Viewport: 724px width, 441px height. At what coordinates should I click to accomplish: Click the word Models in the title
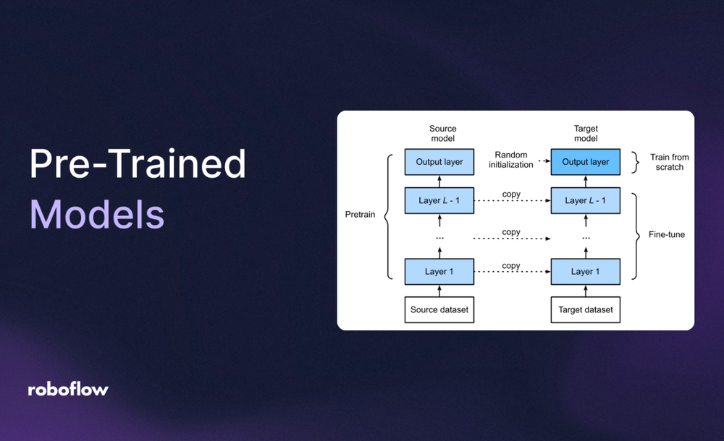pyautogui.click(x=97, y=214)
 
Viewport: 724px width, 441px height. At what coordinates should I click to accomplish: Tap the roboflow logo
pyautogui.click(x=68, y=390)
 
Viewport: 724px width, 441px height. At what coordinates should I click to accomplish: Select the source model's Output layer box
pyautogui.click(x=439, y=162)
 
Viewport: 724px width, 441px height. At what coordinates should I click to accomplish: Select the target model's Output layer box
pyautogui.click(x=586, y=162)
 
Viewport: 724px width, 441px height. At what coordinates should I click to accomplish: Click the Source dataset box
pyautogui.click(x=439, y=309)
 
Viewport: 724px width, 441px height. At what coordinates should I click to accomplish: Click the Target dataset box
pyautogui.click(x=586, y=309)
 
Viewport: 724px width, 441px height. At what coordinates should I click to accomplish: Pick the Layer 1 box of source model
pyautogui.click(x=439, y=272)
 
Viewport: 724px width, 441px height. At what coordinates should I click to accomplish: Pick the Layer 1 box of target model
pyautogui.click(x=586, y=272)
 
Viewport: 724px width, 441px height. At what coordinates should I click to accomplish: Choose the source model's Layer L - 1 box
pyautogui.click(x=439, y=200)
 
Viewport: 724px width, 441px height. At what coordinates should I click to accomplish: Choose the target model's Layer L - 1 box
pyautogui.click(x=586, y=200)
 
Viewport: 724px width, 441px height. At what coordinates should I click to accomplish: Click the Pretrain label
pyautogui.click(x=360, y=215)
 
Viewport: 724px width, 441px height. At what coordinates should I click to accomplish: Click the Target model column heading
pyautogui.click(x=586, y=134)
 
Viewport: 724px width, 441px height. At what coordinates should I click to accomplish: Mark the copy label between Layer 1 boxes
pyautogui.click(x=511, y=265)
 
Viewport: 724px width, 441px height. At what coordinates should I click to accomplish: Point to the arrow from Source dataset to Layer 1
pyautogui.click(x=439, y=291)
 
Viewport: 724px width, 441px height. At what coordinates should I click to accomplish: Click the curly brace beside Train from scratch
pyautogui.click(x=636, y=162)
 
